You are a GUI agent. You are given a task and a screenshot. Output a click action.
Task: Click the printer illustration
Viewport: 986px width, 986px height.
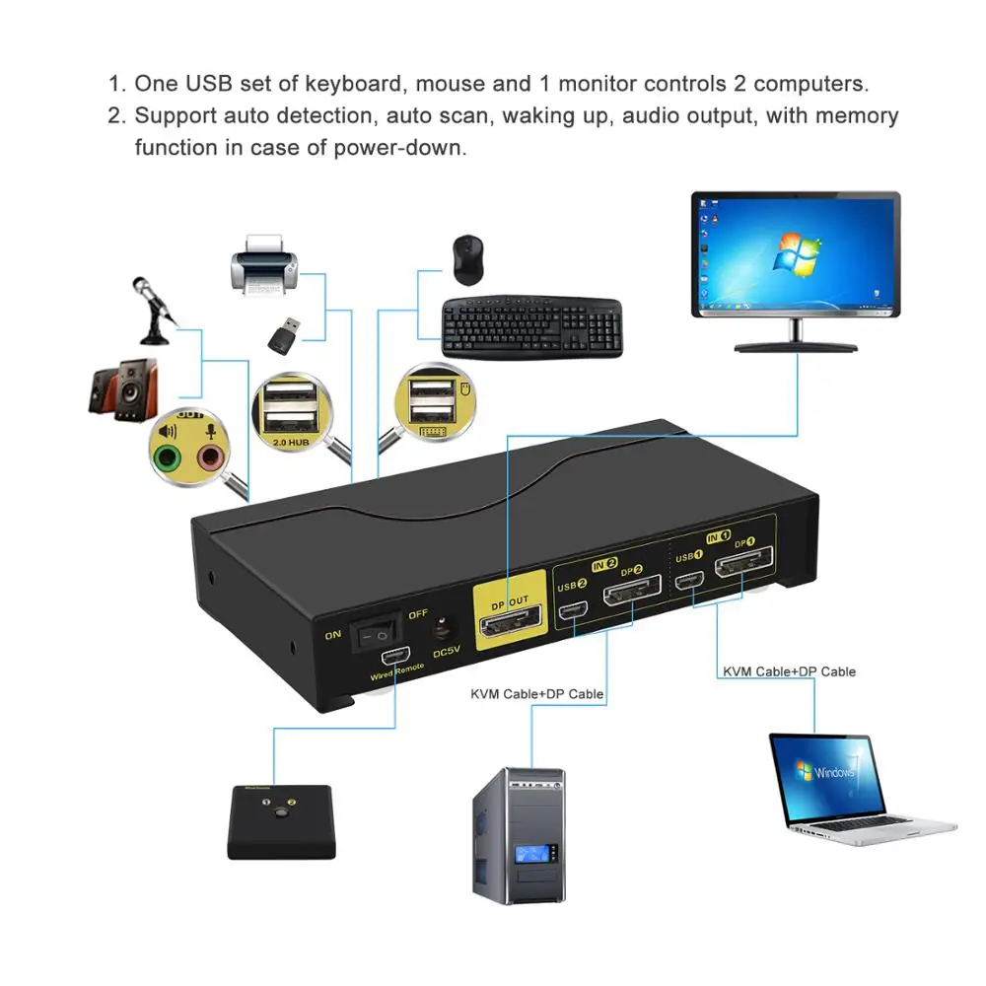(x=263, y=264)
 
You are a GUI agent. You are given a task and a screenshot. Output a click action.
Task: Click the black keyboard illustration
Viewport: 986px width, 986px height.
(x=531, y=327)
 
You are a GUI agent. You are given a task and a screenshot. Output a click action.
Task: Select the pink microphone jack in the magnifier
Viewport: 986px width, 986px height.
(x=210, y=457)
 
